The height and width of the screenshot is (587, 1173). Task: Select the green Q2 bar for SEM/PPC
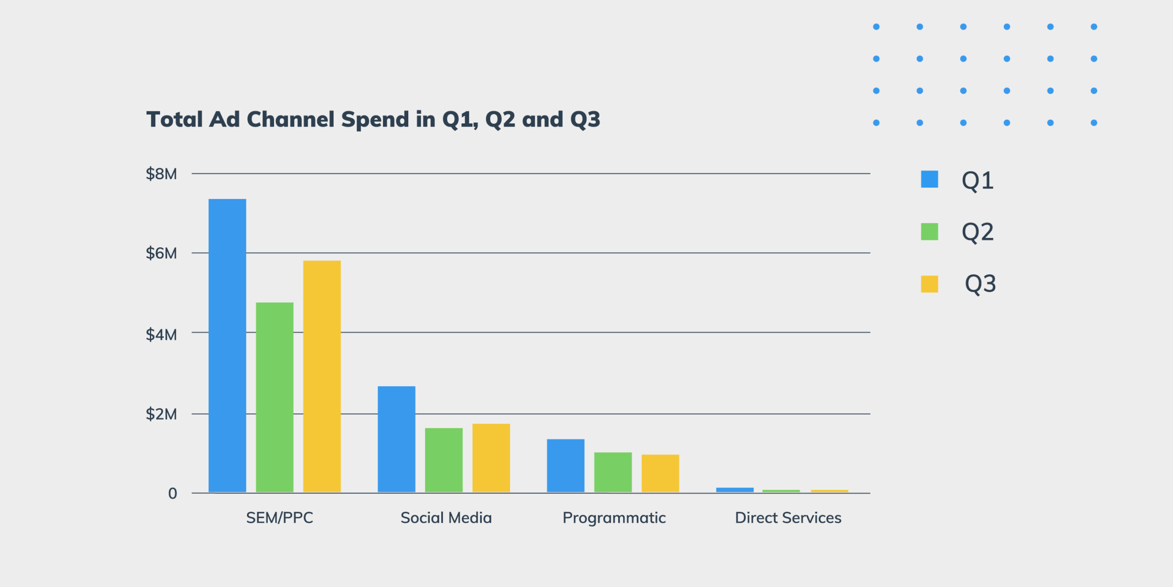coord(274,397)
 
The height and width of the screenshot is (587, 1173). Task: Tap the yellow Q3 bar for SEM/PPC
coord(322,376)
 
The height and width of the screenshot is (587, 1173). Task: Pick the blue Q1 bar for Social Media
coord(396,439)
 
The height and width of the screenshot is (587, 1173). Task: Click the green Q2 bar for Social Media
coord(444,460)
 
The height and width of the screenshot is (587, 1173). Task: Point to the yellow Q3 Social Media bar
coord(491,458)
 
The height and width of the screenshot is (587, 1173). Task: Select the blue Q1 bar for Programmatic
coord(565,465)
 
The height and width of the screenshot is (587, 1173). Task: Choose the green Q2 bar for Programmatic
coord(613,472)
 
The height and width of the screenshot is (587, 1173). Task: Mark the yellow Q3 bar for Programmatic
coord(660,473)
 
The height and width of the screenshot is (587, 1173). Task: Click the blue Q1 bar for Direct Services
coord(734,490)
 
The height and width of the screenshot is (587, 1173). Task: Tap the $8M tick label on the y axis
coord(161,174)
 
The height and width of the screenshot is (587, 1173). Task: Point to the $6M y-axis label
coord(161,253)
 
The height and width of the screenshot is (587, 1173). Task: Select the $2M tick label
coord(161,414)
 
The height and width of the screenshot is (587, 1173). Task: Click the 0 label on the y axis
coord(172,493)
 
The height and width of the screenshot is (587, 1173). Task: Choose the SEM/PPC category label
coord(280,518)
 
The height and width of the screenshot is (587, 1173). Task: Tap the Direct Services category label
coord(788,518)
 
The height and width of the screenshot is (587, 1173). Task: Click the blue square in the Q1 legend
coord(929,179)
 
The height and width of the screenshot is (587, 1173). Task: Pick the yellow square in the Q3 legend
coord(929,284)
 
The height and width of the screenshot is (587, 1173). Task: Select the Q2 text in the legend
coord(977,232)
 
